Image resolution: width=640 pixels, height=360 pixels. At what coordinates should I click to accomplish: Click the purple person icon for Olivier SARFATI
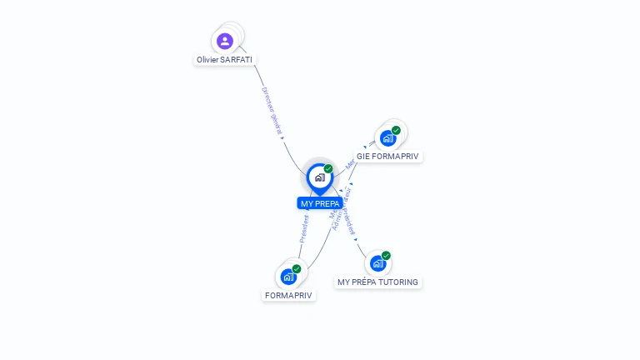225,41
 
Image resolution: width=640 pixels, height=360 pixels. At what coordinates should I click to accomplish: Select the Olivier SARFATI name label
224,60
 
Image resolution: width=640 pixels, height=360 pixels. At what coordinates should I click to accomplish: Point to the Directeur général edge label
272,111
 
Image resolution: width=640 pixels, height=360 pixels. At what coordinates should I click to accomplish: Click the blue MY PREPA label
320,203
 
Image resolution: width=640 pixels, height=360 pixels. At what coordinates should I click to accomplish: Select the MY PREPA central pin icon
319,177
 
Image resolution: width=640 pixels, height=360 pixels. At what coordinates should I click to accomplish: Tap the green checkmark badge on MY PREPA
328,168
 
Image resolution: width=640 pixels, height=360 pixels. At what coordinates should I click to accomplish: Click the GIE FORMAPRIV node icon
387,138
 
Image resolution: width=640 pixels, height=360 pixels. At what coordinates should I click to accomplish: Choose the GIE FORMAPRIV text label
388,156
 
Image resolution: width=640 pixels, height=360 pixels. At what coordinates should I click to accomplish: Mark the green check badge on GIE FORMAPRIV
396,130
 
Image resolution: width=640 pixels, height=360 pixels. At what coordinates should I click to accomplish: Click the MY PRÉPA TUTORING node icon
377,263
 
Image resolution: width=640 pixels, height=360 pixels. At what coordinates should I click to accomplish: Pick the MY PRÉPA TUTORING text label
378,282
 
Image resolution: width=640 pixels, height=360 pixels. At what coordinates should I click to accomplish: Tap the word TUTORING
399,282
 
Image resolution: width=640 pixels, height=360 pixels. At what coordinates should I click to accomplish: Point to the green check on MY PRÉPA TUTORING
386,256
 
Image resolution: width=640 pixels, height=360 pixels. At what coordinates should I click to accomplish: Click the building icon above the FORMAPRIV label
288,277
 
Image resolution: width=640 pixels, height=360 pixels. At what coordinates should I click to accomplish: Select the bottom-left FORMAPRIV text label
288,295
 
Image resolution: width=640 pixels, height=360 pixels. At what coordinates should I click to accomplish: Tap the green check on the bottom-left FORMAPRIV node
297,268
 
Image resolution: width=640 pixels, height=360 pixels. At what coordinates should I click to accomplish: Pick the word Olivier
208,60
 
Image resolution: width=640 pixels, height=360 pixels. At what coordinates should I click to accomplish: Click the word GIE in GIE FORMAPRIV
363,156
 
